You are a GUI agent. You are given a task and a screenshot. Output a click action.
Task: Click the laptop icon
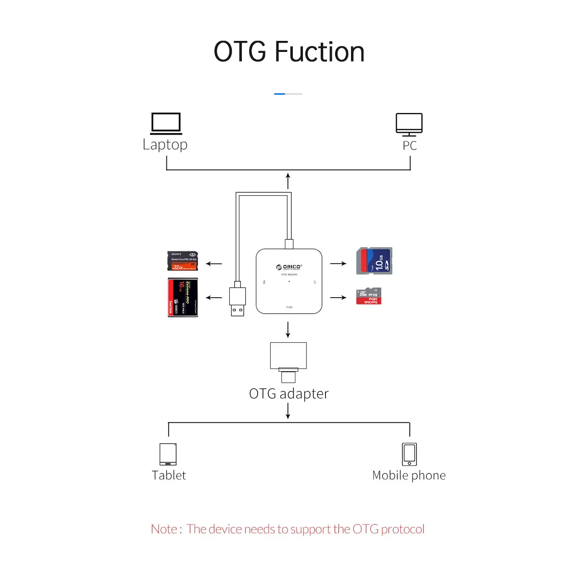(166, 124)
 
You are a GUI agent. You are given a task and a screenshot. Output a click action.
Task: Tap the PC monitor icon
(409, 125)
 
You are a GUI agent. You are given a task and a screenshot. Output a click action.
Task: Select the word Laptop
(165, 145)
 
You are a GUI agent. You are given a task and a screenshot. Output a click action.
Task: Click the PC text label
(410, 146)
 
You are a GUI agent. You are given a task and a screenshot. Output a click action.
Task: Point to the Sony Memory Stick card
(183, 261)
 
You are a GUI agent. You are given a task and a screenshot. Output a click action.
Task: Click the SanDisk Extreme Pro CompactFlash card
(183, 297)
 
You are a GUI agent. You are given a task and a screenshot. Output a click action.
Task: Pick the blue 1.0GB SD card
(374, 261)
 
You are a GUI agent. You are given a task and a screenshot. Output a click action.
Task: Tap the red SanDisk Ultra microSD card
(369, 296)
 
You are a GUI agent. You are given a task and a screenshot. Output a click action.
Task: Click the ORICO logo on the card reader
(289, 267)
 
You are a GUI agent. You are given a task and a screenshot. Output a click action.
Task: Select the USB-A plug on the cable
(238, 301)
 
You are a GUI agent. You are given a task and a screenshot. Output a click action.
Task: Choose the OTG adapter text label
(288, 394)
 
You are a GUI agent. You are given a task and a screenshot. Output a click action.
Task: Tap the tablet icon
(168, 454)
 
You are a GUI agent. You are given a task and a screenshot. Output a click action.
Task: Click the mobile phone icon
(409, 454)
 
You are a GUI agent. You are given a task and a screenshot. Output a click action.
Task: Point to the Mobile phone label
(409, 476)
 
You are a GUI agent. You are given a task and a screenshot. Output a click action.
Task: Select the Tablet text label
(168, 476)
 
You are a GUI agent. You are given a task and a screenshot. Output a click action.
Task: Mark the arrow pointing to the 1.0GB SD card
(338, 263)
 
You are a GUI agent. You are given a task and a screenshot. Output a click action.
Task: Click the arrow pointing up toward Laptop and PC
(288, 181)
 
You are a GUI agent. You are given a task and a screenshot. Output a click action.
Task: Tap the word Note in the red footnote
(164, 529)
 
